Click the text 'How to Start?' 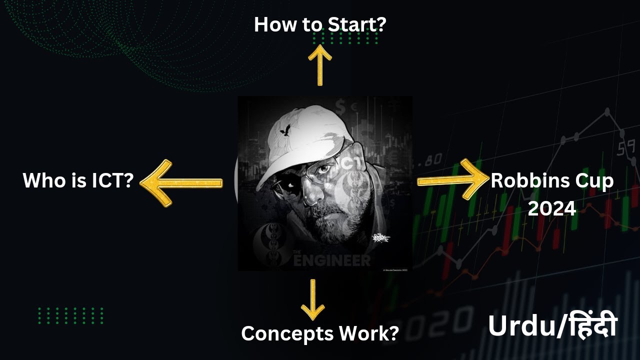[319, 24]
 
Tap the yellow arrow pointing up [319, 65]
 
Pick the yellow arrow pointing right [452, 180]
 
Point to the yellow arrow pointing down [313, 300]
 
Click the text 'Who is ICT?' [78, 180]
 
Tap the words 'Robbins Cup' [552, 180]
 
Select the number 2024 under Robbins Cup [552, 207]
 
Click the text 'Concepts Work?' [319, 333]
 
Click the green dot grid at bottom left [70, 315]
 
